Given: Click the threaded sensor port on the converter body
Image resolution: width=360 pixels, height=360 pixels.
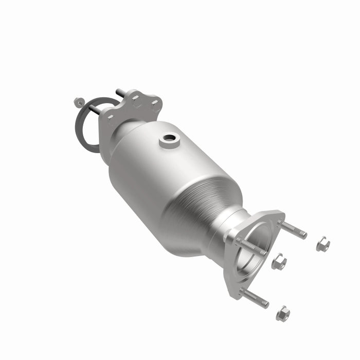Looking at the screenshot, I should pos(169,139).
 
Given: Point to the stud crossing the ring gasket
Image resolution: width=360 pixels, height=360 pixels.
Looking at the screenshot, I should pos(96,109).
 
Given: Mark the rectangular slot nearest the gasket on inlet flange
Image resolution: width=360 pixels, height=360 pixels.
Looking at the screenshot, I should pos(110,120).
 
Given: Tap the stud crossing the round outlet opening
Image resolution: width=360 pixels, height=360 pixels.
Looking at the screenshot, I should pos(252,246).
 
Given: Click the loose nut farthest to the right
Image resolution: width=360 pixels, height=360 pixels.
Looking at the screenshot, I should pos(322,244).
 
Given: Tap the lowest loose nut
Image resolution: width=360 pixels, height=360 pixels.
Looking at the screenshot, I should pos(282,313).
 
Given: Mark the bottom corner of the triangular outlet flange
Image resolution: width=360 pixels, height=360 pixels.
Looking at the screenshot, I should pos(235,293).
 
